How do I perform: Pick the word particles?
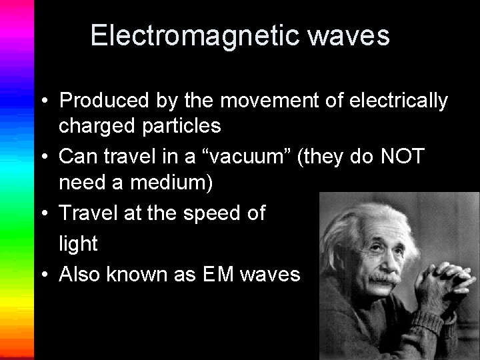coord(178,125)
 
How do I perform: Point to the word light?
coord(78,243)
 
